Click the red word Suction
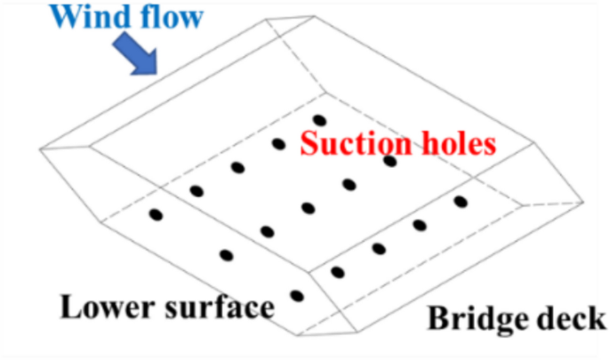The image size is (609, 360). point(349,142)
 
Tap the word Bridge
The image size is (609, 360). point(477,318)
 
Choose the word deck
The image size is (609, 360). point(572,318)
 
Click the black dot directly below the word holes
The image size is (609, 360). point(389,161)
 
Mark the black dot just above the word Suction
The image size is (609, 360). point(319,120)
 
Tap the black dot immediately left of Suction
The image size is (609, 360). point(278,143)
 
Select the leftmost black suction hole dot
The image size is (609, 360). point(156,214)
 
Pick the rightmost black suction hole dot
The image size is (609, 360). point(461,202)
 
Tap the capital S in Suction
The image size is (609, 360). point(308,142)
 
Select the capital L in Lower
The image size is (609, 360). point(69,308)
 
